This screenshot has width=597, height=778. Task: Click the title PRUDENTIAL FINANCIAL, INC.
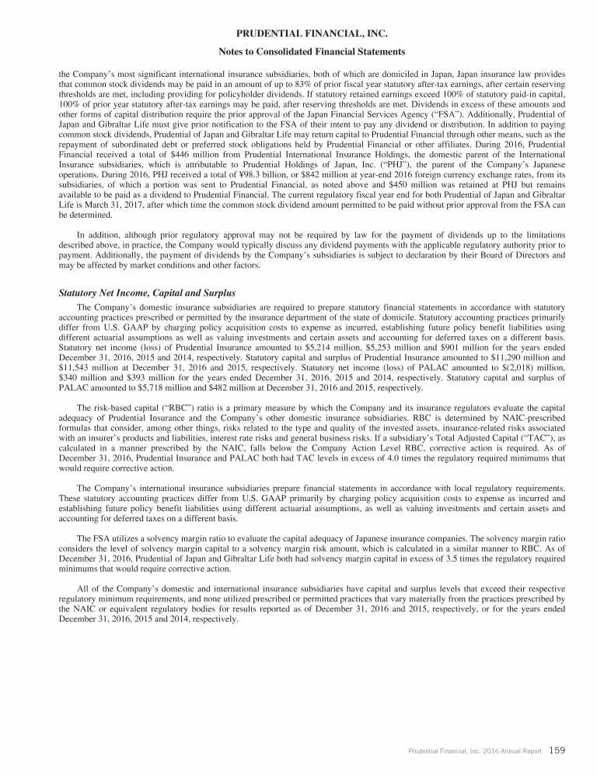point(298,33)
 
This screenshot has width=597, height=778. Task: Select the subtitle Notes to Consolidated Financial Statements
point(298,51)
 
